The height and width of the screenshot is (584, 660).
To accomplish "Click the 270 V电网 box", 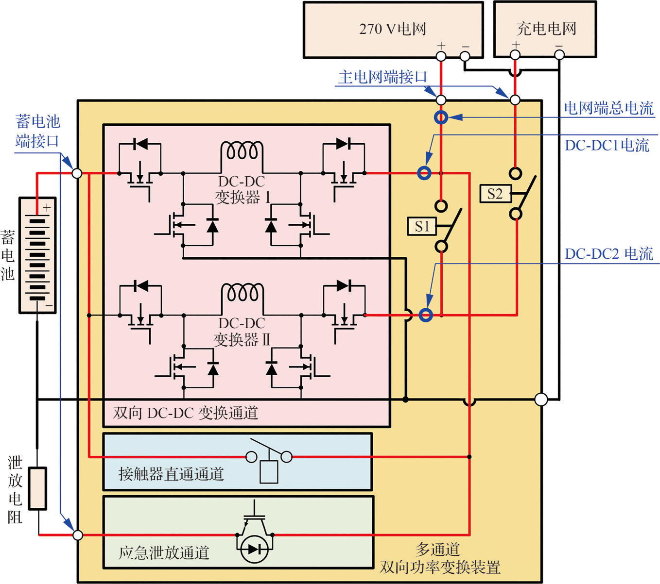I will [x=393, y=30].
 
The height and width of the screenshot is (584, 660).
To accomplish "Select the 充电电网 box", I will [x=545, y=30].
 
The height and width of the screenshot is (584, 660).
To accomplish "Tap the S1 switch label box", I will [x=421, y=226].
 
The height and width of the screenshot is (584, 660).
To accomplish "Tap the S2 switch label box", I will [x=494, y=194].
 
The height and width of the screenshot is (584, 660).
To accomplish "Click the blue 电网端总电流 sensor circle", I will [x=441, y=117].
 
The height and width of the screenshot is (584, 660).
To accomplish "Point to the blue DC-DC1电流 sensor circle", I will [x=424, y=173].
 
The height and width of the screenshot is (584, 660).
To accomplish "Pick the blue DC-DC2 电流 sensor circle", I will [x=426, y=315].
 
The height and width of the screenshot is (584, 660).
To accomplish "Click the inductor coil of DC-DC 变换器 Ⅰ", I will [x=242, y=150].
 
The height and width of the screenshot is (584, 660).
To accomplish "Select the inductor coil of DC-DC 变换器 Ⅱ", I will [x=242, y=293].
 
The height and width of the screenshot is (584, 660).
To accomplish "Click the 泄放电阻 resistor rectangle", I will [x=37, y=488].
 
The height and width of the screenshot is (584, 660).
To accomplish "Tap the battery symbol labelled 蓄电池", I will [x=37, y=255].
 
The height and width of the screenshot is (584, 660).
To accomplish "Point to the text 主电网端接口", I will [x=382, y=77].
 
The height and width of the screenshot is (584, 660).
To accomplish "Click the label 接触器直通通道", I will [x=171, y=474].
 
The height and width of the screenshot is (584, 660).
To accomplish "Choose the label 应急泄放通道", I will [x=164, y=552].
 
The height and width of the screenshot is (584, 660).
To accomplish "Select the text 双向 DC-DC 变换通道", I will [x=185, y=413].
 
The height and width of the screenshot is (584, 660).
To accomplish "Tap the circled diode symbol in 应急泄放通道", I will [x=255, y=549].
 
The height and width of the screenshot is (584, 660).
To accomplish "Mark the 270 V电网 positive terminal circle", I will [x=441, y=56].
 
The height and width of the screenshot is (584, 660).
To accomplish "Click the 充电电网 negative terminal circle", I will [x=559, y=55].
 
